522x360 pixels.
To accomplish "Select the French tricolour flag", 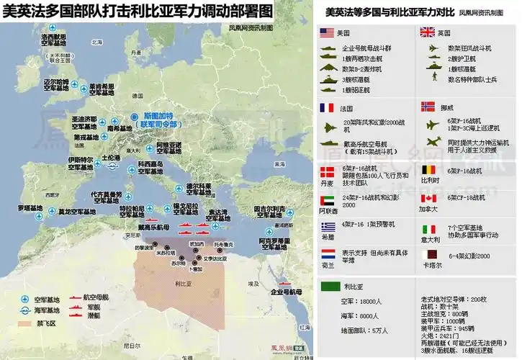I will click(327, 108).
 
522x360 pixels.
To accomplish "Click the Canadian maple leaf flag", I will click(428, 198).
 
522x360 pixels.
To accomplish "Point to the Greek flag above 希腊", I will click(327, 225).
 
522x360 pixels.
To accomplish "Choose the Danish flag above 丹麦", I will click(327, 171).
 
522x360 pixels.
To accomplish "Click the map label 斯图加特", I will click(161, 115).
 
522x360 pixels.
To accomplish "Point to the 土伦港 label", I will click(112, 157).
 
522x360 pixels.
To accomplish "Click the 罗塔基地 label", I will click(30, 210).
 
